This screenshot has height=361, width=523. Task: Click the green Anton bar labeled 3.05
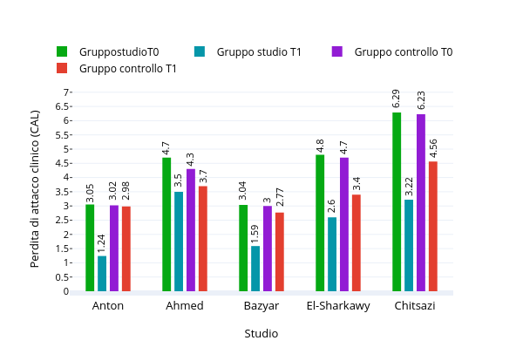(x=90, y=248)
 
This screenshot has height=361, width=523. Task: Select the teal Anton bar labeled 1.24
(x=102, y=273)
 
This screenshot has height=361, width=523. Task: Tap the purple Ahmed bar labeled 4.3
(x=191, y=229)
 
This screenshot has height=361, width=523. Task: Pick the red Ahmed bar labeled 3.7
(x=203, y=238)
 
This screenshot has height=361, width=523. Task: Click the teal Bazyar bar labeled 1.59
(x=255, y=269)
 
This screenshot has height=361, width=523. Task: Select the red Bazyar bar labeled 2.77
(x=280, y=251)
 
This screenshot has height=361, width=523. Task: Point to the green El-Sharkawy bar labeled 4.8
(x=320, y=222)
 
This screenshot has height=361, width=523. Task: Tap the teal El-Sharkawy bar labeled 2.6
(x=332, y=254)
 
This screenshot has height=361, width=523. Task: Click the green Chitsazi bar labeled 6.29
(x=397, y=201)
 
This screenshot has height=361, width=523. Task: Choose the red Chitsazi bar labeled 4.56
(x=433, y=226)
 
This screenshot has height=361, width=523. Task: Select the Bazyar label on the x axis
(x=261, y=306)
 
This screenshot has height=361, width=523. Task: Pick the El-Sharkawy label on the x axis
(x=338, y=306)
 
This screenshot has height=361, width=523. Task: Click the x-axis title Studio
(x=261, y=333)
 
